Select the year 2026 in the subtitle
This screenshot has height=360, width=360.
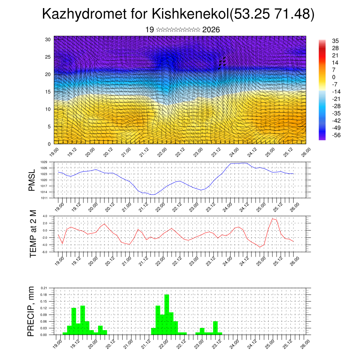[211, 30]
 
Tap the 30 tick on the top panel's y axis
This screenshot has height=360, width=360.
[48, 39]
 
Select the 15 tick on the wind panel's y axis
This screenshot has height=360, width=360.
[48, 92]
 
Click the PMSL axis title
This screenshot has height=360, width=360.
[32, 180]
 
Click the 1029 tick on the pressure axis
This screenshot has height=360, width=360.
[44, 162]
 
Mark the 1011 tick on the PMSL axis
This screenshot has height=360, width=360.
[44, 198]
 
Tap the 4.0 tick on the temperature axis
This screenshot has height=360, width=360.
[45, 216]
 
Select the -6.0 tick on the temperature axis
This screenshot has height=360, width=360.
[45, 252]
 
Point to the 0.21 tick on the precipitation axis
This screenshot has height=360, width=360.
[44, 288]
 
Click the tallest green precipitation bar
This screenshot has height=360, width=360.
[167, 314]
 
